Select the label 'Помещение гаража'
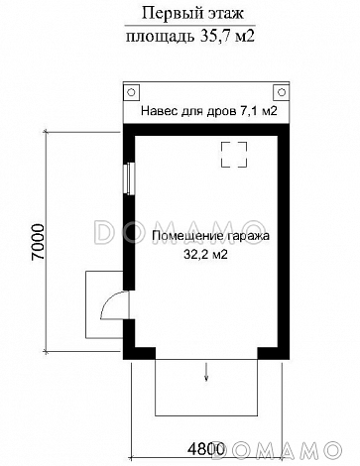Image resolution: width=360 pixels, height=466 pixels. point(211,237)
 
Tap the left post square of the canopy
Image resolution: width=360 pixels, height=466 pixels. point(131,90)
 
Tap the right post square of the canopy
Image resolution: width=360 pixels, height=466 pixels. point(281,90)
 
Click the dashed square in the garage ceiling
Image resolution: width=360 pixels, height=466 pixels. point(235,156)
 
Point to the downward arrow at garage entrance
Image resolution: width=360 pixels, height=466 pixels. point(206,373)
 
